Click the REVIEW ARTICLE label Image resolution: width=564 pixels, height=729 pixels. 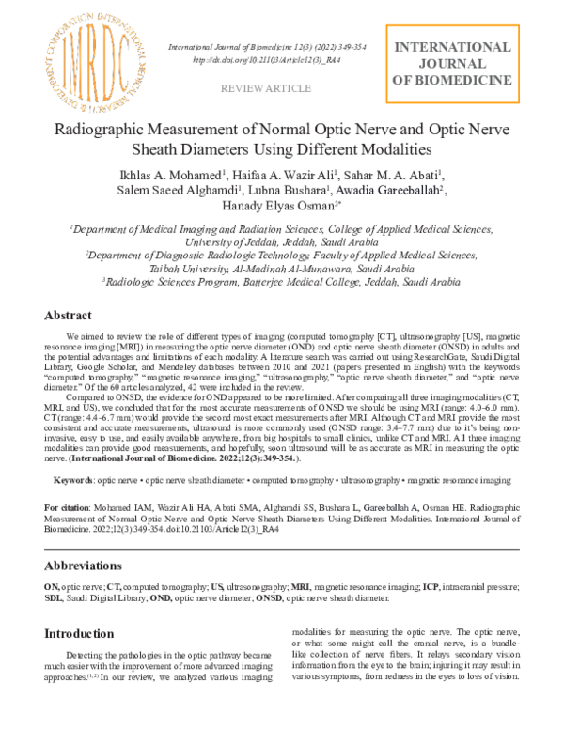click(265, 88)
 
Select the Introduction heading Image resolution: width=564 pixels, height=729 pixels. click(84, 633)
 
